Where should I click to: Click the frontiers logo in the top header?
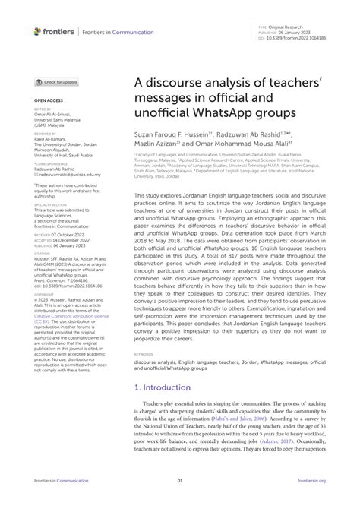click(54, 31)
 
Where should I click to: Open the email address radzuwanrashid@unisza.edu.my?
click(68, 174)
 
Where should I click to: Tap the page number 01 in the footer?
click(180, 501)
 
